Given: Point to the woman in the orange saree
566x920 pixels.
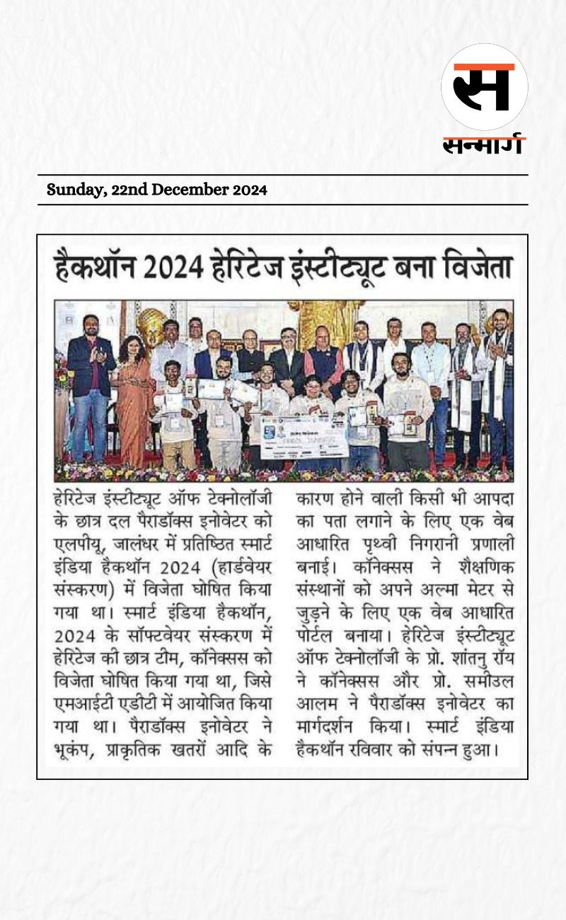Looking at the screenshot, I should click(x=132, y=396).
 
